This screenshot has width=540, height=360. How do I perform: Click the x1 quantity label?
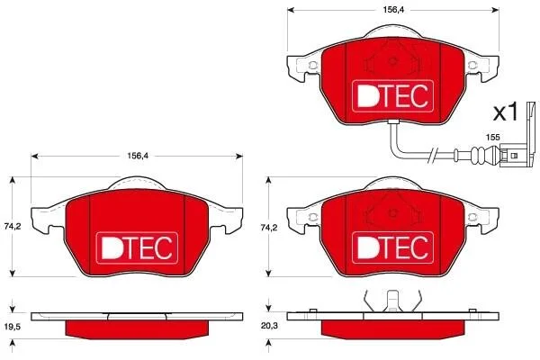pyautogui.click(x=506, y=112)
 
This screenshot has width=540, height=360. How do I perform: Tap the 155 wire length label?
pyautogui.click(x=492, y=137)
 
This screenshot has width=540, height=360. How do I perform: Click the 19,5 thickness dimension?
pyautogui.click(x=13, y=327)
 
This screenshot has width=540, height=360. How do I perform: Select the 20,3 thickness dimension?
pyautogui.click(x=269, y=326)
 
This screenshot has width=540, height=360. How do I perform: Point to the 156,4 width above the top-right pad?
pyautogui.click(x=393, y=10)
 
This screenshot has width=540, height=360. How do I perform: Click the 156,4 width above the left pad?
pyautogui.click(x=138, y=156)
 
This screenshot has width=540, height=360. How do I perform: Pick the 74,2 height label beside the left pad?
pyautogui.click(x=13, y=226)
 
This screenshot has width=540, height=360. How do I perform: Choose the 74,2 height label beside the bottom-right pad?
pyautogui.click(x=269, y=228)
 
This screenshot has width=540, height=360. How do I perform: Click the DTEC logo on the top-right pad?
pyautogui.click(x=392, y=95)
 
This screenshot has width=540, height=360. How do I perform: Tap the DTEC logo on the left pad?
pyautogui.click(x=137, y=248)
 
